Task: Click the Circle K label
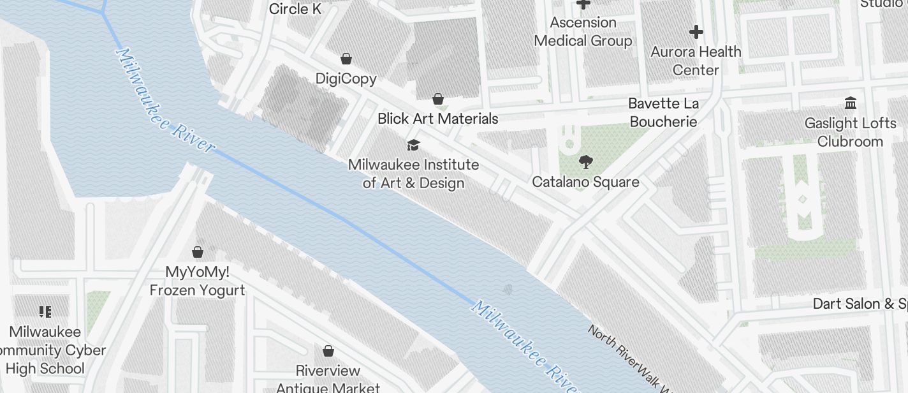295,9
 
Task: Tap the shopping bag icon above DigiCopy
346,59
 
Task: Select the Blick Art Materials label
437,119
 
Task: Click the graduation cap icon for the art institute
413,145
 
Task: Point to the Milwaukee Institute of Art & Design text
413,174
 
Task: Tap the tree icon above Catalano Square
585,162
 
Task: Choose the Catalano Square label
585,182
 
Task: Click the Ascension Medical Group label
583,32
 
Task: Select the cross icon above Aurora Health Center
696,31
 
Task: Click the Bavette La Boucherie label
663,112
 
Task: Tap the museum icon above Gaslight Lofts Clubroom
850,103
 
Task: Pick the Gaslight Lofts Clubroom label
850,132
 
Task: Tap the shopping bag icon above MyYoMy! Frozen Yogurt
198,252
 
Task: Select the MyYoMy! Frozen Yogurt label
197,281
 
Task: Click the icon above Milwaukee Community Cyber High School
45,312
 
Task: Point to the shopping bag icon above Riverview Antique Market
328,351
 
